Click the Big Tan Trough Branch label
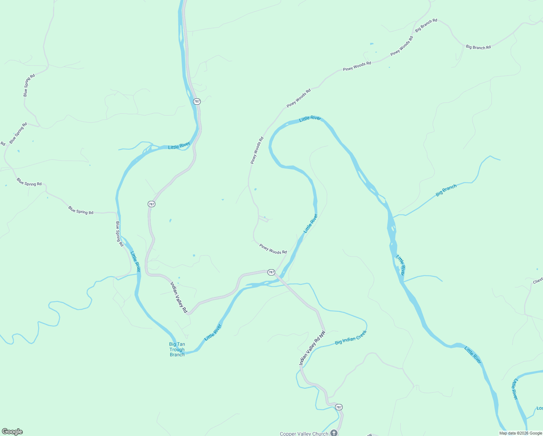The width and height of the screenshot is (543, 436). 177,350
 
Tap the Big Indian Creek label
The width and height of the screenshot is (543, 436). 351,337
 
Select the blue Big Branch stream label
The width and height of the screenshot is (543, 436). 446,190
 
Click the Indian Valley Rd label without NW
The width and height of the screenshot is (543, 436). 179,297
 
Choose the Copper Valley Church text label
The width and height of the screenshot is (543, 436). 304,433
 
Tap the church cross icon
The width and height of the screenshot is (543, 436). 334,433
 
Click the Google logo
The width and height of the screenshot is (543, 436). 12,432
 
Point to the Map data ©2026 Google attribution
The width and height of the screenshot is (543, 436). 520,433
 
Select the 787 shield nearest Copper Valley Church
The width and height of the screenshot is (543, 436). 339,407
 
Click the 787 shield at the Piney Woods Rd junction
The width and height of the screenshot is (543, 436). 271,272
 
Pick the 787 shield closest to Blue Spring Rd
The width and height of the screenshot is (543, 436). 151,204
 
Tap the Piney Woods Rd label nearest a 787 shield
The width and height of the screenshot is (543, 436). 273,249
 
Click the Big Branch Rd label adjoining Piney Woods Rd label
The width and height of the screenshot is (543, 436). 426,25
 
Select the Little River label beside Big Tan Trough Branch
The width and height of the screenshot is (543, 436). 213,332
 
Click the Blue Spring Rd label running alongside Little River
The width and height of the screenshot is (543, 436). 119,234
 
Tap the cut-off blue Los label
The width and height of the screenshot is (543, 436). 540,408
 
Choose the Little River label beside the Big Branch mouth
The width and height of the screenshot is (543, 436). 400,265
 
